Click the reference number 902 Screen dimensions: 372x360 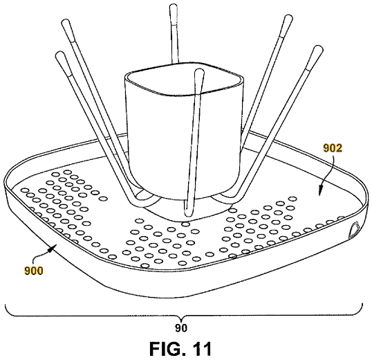[333, 148]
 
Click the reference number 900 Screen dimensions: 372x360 [33, 271]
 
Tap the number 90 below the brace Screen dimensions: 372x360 [181, 328]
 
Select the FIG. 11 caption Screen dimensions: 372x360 [180, 349]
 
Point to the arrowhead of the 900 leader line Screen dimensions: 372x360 [52, 248]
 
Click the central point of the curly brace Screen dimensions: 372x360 [181, 319]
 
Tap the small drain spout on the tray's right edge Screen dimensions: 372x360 [353, 230]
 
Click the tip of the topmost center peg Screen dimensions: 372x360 [174, 6]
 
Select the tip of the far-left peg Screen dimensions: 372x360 [59, 54]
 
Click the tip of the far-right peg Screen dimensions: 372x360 [318, 48]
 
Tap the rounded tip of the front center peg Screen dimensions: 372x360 [199, 71]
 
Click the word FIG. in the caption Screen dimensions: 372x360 [167, 349]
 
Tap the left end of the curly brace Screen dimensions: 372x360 [6, 304]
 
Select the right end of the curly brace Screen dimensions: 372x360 [362, 304]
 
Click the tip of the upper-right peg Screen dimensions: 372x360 [288, 18]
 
